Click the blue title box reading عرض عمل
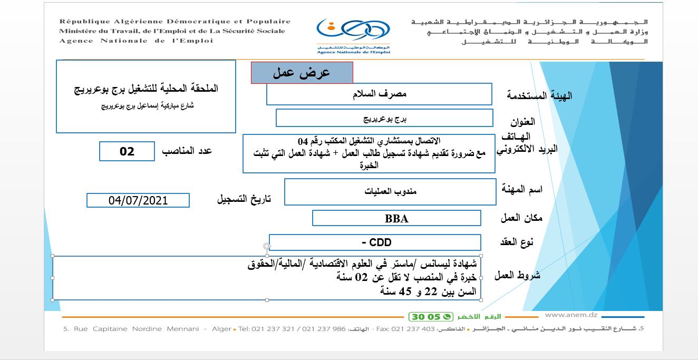(x=302, y=73)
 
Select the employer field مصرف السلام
(x=379, y=94)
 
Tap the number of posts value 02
(x=127, y=151)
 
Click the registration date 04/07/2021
(x=138, y=200)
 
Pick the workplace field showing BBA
(x=396, y=218)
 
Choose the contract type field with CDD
(x=375, y=242)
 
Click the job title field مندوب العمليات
(x=390, y=191)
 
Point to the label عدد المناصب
(x=187, y=151)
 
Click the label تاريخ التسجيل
(x=244, y=199)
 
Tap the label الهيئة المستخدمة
(x=539, y=95)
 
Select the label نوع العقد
(x=516, y=242)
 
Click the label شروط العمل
(x=517, y=275)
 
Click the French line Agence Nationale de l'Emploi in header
(x=136, y=41)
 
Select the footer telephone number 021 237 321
(x=270, y=329)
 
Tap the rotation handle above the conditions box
(x=267, y=246)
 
